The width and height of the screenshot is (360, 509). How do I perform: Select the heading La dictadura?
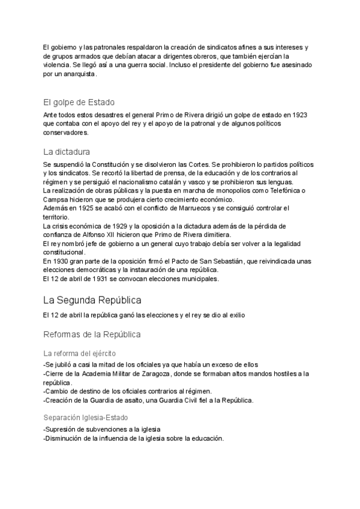(x=67, y=151)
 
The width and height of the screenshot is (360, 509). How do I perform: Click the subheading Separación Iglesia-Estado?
(x=86, y=417)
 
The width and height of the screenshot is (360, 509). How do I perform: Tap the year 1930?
(x=61, y=262)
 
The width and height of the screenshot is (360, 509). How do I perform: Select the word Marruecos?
(x=180, y=208)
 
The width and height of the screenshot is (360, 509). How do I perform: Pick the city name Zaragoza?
(x=154, y=374)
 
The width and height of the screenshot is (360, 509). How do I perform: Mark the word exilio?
(x=235, y=315)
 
